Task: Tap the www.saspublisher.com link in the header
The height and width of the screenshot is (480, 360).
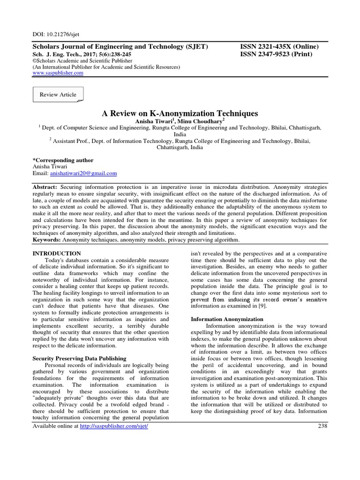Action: pyautogui.click(x=58, y=73)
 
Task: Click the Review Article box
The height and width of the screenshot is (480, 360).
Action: pyautogui.click(x=58, y=95)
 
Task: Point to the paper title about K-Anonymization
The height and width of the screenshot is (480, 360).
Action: pyautogui.click(x=180, y=113)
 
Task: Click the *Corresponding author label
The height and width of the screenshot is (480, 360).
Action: pyautogui.click(x=63, y=160)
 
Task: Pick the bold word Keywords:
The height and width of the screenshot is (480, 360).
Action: pyautogui.click(x=46, y=240)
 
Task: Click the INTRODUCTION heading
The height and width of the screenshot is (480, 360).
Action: pyautogui.click(x=56, y=253)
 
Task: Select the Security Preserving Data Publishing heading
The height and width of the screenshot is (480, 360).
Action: pyautogui.click(x=79, y=359)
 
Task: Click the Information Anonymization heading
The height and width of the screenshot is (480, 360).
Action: pyautogui.click(x=227, y=319)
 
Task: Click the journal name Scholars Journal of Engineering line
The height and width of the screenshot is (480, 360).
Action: pyautogui.click(x=120, y=46)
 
